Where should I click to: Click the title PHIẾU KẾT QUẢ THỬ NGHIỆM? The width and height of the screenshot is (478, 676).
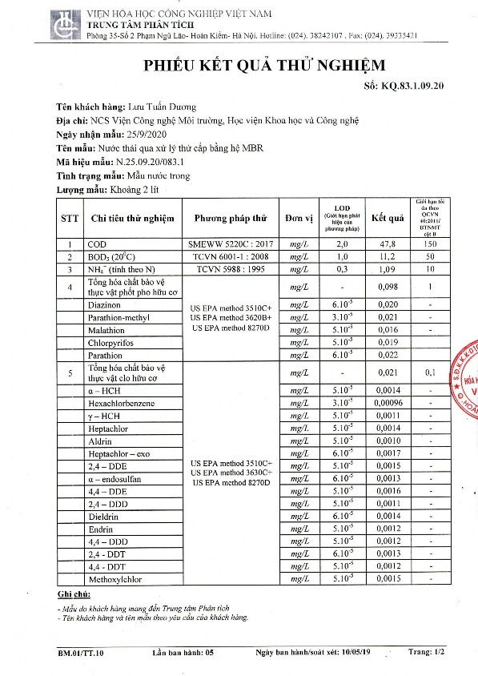pyautogui.click(x=254, y=65)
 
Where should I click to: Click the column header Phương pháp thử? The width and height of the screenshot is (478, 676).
pyautogui.click(x=230, y=218)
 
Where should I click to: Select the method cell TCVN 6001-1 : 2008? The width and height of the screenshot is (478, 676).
pyautogui.click(x=230, y=257)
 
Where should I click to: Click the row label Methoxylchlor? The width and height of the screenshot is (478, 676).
pyautogui.click(x=118, y=578)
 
